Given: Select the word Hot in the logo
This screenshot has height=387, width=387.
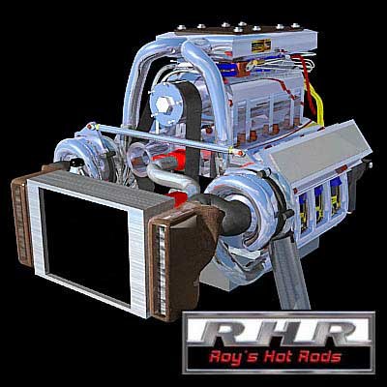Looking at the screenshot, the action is pos(274,356).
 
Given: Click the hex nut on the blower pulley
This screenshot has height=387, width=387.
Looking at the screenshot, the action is pos(164,104).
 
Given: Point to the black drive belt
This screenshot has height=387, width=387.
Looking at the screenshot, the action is pos(193,129).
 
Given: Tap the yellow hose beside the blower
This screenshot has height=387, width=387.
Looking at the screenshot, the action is pos(316,104).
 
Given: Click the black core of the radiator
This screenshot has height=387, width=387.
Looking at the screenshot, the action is pos(86,245).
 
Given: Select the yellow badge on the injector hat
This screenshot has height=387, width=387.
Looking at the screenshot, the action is pos(261,45).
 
